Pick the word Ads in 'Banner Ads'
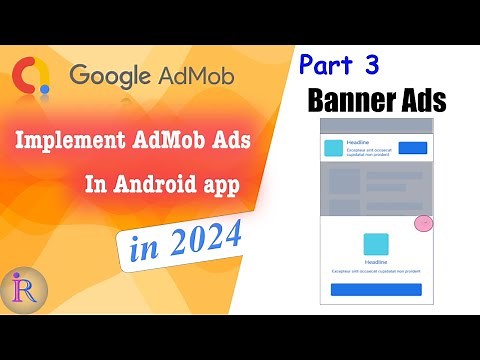(421, 101)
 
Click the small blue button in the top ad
(413, 148)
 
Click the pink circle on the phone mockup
(424, 222)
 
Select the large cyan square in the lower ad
(376, 244)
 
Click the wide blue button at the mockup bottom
(376, 290)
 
